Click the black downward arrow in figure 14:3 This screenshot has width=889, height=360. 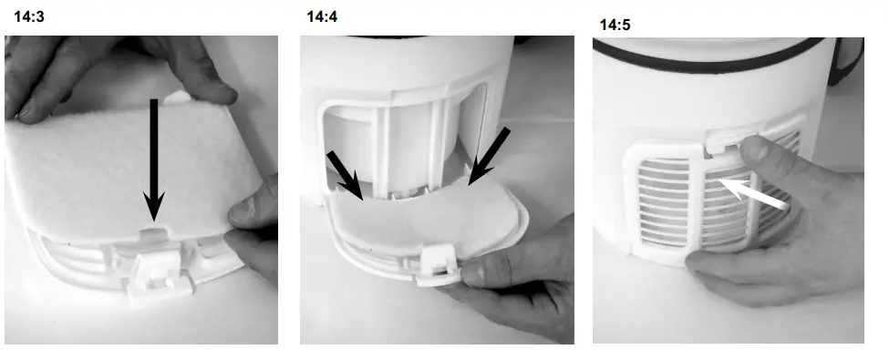click(155, 155)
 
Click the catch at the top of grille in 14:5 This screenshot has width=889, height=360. click(729, 137)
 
